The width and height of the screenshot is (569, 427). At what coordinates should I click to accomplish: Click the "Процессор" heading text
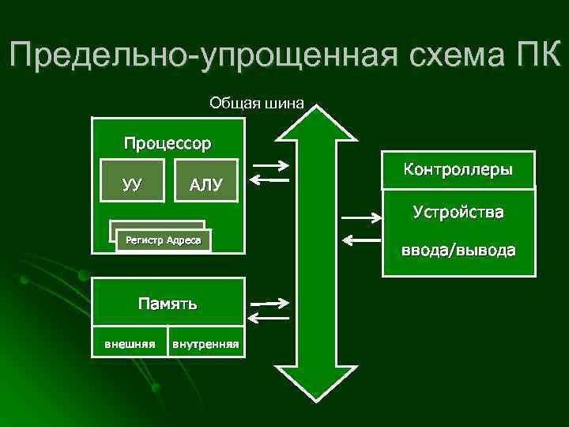tap(167, 144)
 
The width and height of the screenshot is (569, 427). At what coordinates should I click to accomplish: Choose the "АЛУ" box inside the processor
tap(205, 185)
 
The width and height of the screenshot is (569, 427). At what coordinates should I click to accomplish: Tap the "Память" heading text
tap(167, 303)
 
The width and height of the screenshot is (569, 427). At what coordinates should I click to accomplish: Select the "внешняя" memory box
tap(130, 343)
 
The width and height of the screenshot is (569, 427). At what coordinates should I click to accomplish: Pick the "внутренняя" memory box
tap(205, 343)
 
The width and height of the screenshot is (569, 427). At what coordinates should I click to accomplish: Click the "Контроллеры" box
tap(458, 170)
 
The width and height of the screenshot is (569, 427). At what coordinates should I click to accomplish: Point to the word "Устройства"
tap(458, 213)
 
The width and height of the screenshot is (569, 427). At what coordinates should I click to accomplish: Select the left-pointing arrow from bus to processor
tap(269, 180)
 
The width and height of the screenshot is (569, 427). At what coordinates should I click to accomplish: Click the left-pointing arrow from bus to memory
tap(268, 318)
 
